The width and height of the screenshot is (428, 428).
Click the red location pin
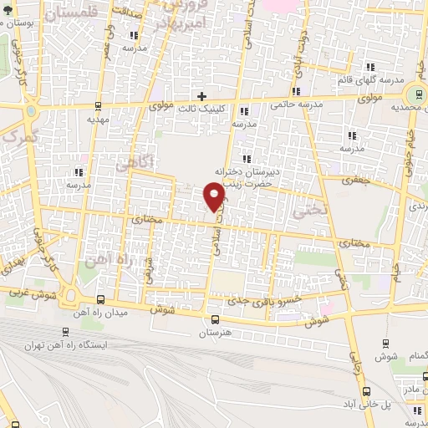point(215,196)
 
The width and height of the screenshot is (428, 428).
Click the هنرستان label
point(215,333)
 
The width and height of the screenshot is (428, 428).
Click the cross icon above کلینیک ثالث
point(201,96)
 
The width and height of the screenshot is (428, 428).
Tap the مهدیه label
point(99,120)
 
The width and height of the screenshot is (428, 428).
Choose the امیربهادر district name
point(174,23)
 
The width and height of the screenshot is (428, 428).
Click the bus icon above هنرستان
point(215,319)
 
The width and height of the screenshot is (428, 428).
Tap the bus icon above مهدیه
point(99,106)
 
